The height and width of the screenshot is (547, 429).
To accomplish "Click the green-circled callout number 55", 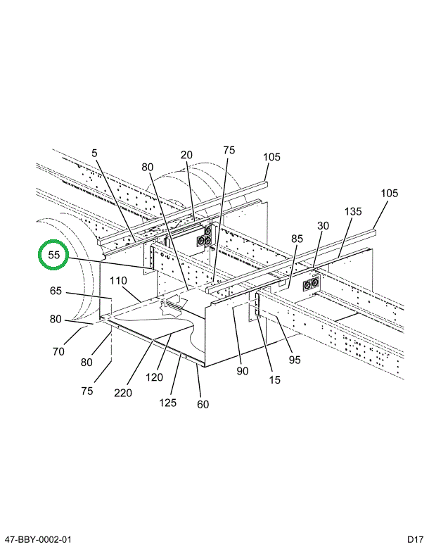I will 53,255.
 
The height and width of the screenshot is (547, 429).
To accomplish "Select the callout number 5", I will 94,153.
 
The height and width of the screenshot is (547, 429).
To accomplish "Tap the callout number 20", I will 186,155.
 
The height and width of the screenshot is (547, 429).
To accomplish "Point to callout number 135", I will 353,211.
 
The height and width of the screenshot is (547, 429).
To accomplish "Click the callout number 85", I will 297,239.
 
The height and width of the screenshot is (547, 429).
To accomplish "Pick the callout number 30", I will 323,225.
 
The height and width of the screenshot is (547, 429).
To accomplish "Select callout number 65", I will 56,290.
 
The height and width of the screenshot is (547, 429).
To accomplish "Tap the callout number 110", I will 118,281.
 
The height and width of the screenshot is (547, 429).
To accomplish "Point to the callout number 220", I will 123,393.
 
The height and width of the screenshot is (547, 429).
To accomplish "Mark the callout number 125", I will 167,403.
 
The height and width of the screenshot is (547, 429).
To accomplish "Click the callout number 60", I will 203,404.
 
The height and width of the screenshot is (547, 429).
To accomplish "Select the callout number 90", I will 242,371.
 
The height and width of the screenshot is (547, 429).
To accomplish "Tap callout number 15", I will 274,379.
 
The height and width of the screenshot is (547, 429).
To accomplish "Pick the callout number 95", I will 294,360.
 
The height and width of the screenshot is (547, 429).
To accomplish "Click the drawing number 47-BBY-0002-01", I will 37,539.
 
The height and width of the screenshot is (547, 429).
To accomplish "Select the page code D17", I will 414,539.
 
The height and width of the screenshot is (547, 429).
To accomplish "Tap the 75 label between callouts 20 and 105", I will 229,150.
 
